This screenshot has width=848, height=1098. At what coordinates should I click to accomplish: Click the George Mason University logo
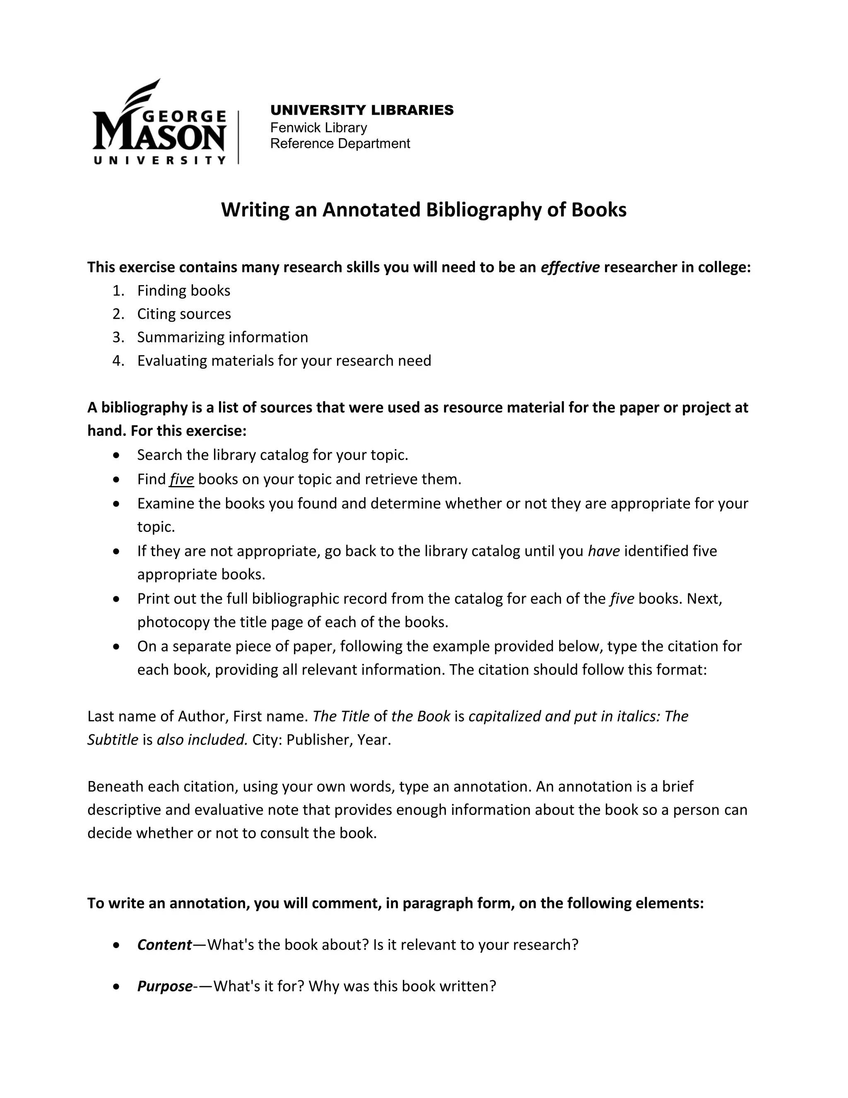click(x=160, y=123)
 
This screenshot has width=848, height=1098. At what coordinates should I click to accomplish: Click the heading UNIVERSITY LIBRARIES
click(x=362, y=110)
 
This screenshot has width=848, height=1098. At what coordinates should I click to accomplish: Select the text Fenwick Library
click(x=318, y=128)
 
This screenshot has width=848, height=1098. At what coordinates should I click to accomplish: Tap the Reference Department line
click(x=340, y=144)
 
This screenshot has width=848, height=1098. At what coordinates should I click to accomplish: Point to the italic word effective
click(x=570, y=267)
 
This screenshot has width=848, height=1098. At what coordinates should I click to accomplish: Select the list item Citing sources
click(x=184, y=314)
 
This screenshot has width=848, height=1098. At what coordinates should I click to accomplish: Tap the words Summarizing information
click(x=222, y=337)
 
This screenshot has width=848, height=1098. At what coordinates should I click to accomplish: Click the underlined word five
click(x=181, y=479)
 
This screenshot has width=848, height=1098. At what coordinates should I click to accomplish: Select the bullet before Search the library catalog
click(x=116, y=455)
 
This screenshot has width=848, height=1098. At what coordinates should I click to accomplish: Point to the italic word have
click(x=603, y=551)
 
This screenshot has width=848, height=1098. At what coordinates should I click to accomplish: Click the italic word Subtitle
click(x=113, y=740)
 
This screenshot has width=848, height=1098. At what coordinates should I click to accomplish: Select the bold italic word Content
click(x=164, y=945)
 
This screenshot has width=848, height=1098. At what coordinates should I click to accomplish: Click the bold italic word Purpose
click(x=164, y=986)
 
